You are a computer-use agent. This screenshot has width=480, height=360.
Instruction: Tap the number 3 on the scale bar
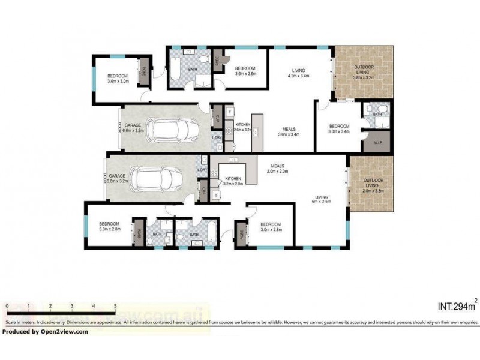pos(72,306)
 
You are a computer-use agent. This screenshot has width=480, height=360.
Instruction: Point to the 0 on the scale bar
pos(7,306)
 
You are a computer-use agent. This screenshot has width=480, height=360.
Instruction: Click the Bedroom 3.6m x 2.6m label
pos(245,71)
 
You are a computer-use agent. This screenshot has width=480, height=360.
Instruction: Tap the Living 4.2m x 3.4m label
pos(298,73)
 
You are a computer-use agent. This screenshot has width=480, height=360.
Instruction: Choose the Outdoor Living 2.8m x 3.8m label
pos(373,185)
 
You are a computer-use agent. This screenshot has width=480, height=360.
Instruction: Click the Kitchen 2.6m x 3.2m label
pos(242,127)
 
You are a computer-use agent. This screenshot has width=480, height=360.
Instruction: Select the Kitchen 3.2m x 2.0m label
pos(233,182)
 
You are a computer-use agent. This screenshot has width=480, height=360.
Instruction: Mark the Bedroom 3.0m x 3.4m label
pos(339,128)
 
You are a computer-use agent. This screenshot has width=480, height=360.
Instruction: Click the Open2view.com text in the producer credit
pos(65,331)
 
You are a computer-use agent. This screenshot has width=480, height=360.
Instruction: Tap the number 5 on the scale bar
pos(115,306)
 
